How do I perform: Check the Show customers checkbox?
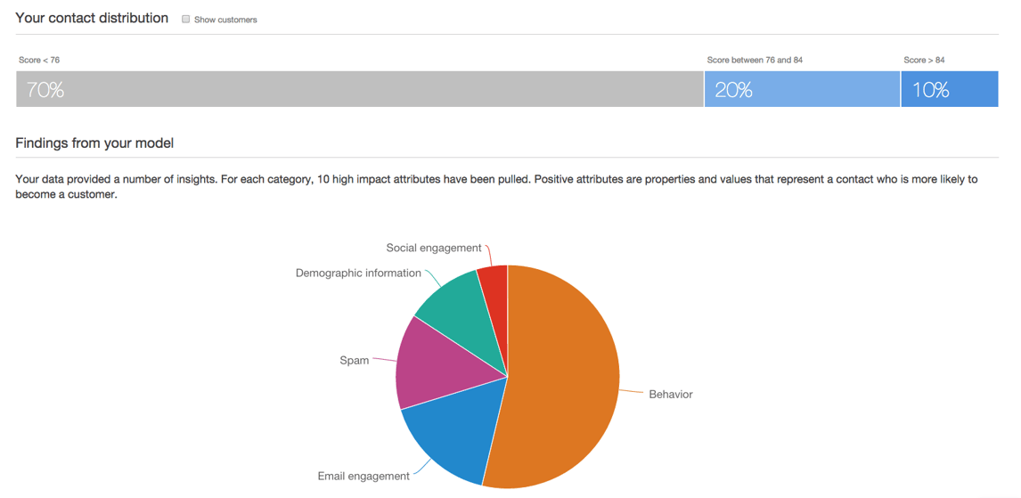(x=186, y=19)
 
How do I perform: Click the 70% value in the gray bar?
(x=45, y=90)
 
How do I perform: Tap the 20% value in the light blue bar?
(x=733, y=90)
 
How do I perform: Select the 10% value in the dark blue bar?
(x=930, y=90)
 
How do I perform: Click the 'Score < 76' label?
(x=39, y=60)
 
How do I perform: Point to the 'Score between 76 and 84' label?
(x=755, y=60)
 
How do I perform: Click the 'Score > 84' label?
(x=924, y=60)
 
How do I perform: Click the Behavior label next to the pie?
(x=670, y=394)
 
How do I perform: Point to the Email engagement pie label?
(x=363, y=476)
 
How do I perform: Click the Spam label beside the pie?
(x=354, y=361)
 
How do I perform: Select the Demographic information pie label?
(x=358, y=273)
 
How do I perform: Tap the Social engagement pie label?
(x=434, y=248)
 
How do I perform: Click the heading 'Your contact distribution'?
(x=92, y=18)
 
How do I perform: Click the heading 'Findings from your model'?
(x=94, y=143)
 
